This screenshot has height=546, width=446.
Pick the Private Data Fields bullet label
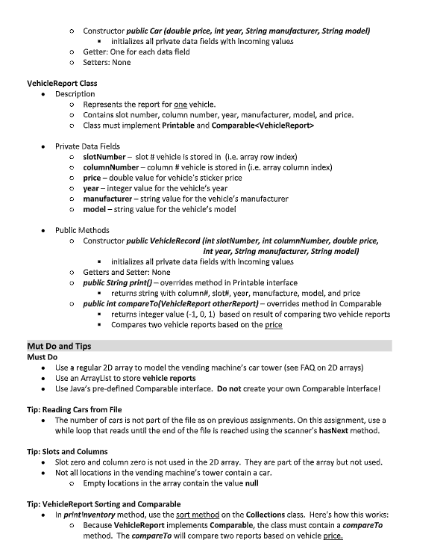click(x=87, y=146)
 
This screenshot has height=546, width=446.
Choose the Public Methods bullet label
click(x=82, y=230)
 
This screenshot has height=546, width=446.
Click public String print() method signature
click(x=125, y=283)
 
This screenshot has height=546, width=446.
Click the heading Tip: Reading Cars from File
click(x=75, y=409)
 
